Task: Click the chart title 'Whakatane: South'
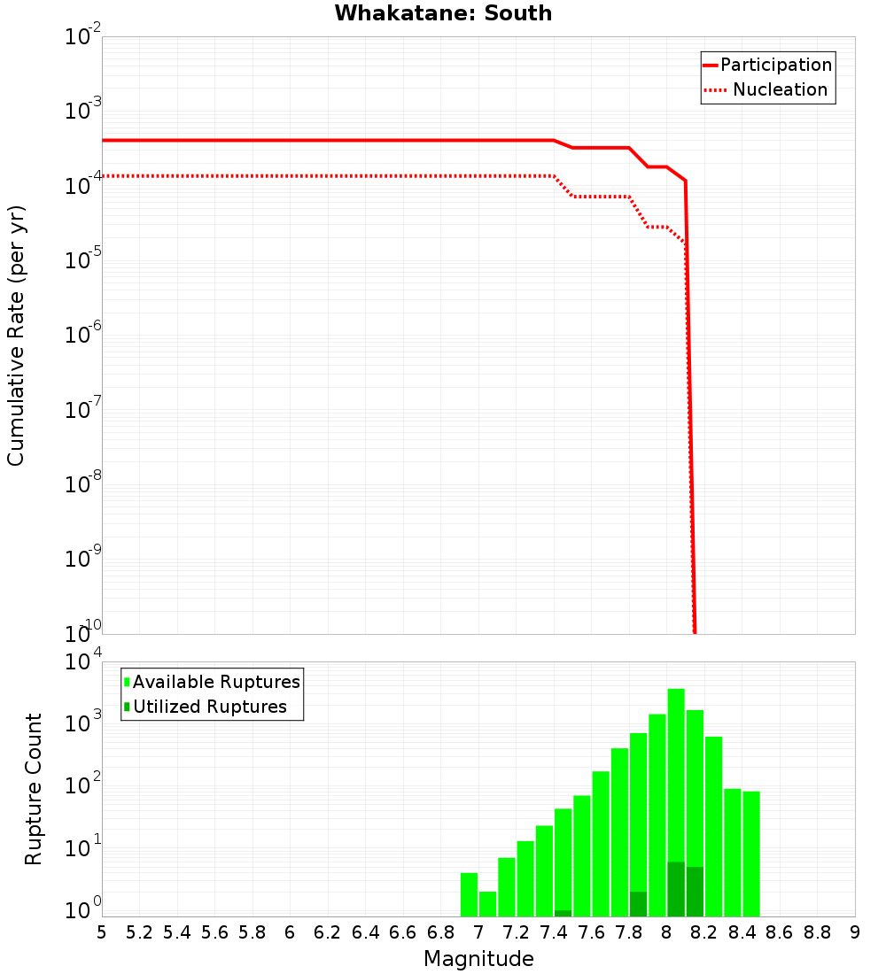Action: pyautogui.click(x=443, y=13)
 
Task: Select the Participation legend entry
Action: pyautogui.click(x=767, y=66)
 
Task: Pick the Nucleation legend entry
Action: pyautogui.click(x=767, y=90)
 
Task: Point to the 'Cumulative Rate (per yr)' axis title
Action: pyautogui.click(x=16, y=336)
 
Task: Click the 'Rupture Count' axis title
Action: pyautogui.click(x=34, y=789)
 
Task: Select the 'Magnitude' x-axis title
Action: pyautogui.click(x=478, y=959)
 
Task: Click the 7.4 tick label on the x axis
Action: pyautogui.click(x=554, y=932)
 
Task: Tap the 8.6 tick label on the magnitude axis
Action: pyautogui.click(x=780, y=932)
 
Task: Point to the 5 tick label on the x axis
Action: pyautogui.click(x=102, y=932)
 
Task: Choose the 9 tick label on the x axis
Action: pyautogui.click(x=855, y=932)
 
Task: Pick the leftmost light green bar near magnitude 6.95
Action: pyautogui.click(x=469, y=894)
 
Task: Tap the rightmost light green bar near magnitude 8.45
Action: pyautogui.click(x=751, y=854)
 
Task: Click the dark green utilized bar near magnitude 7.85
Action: pyautogui.click(x=638, y=904)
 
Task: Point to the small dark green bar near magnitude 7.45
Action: pyautogui.click(x=563, y=913)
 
